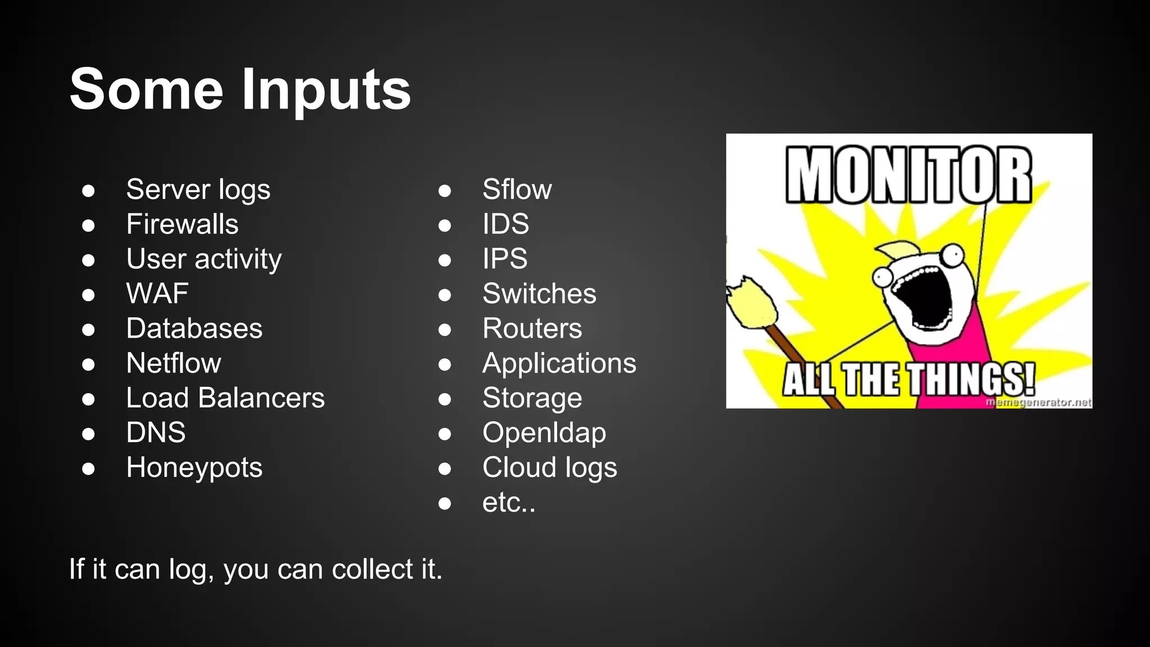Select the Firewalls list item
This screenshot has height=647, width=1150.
[182, 224]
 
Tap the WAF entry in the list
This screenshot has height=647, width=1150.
[157, 294]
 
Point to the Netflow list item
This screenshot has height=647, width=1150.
[174, 363]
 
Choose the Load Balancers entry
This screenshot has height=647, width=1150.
[225, 398]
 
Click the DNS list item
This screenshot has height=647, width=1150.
[156, 433]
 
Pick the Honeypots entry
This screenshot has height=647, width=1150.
[194, 468]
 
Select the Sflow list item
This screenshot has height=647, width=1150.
[517, 189]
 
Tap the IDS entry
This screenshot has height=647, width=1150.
[505, 224]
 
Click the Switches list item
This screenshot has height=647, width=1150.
[539, 294]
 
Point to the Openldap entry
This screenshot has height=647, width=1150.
[544, 433]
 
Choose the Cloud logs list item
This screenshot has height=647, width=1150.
[549, 468]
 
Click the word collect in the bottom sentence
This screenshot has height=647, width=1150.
[372, 569]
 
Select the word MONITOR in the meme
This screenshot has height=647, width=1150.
[908, 175]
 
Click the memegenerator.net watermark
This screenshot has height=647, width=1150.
[1038, 402]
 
